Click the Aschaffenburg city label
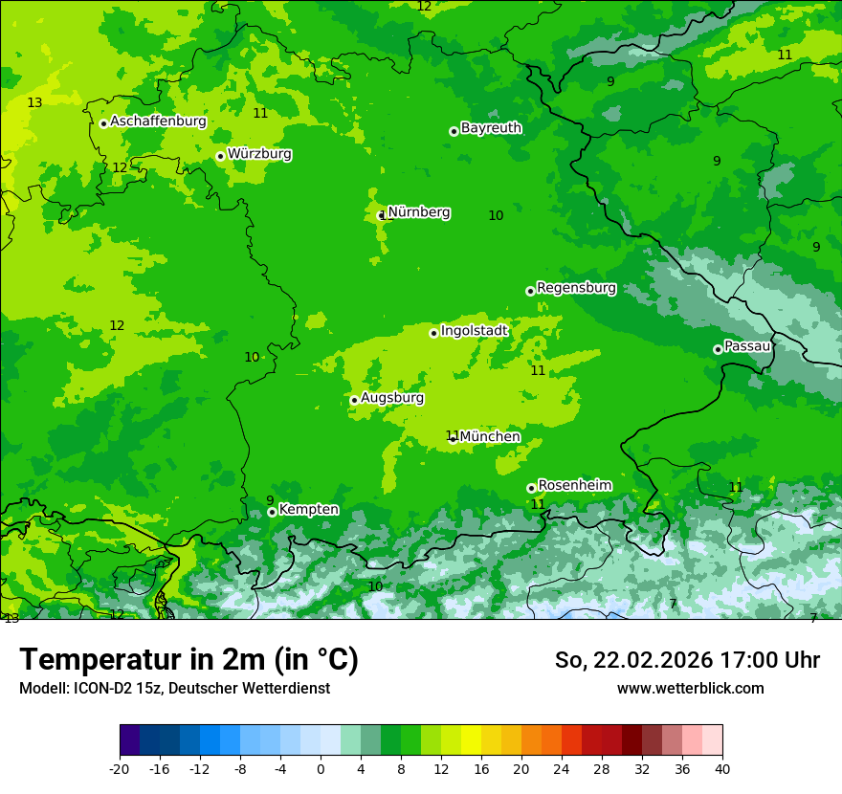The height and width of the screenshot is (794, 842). coord(158,121)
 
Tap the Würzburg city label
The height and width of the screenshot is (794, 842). coord(259,154)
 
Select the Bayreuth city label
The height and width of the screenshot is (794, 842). coord(491,128)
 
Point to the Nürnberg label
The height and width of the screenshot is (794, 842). coord(419,212)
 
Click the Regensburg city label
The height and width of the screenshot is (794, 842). coord(576,288)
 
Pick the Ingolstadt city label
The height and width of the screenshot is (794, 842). coord(474,331)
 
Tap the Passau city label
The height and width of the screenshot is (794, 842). coord(747,346)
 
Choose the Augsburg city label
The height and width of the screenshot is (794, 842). coord(392,398)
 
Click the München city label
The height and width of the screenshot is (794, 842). coord(490,437)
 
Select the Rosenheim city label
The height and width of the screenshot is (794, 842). coord(574,486)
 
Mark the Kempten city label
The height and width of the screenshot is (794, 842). coord(308,510)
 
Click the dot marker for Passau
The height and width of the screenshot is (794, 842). coord(718,349)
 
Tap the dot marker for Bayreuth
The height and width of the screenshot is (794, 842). coord(454,131)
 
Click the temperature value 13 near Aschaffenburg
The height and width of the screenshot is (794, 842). coord(34,102)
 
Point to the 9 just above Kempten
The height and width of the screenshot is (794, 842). coord(270,500)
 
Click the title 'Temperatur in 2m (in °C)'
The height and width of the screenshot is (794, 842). coord(188,660)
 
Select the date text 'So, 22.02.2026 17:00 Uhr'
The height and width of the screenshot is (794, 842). coord(687,660)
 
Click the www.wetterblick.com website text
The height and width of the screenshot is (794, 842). coord(690,689)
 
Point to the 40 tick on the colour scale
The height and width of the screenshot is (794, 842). coord(722,768)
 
